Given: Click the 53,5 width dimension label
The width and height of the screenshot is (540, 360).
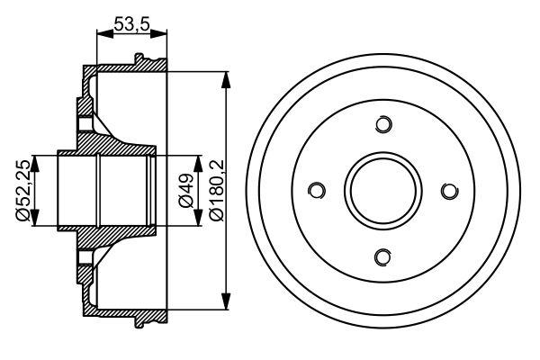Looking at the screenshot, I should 132,25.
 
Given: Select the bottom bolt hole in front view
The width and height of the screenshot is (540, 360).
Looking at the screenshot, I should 383,258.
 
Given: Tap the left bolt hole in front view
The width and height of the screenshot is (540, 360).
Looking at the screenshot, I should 316,191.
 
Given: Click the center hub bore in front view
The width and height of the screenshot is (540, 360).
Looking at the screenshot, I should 383,191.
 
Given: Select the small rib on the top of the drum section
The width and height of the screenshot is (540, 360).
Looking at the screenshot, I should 139,60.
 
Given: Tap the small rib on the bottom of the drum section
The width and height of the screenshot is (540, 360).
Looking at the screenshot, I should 139,321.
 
